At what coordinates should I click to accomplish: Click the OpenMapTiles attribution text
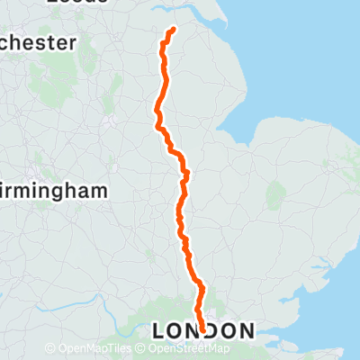click(x=94, y=349)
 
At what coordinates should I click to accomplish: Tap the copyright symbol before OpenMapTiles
click(x=49, y=349)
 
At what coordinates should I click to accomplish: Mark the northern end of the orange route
click(x=171, y=29)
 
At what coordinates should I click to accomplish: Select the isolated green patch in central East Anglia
click(x=276, y=193)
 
